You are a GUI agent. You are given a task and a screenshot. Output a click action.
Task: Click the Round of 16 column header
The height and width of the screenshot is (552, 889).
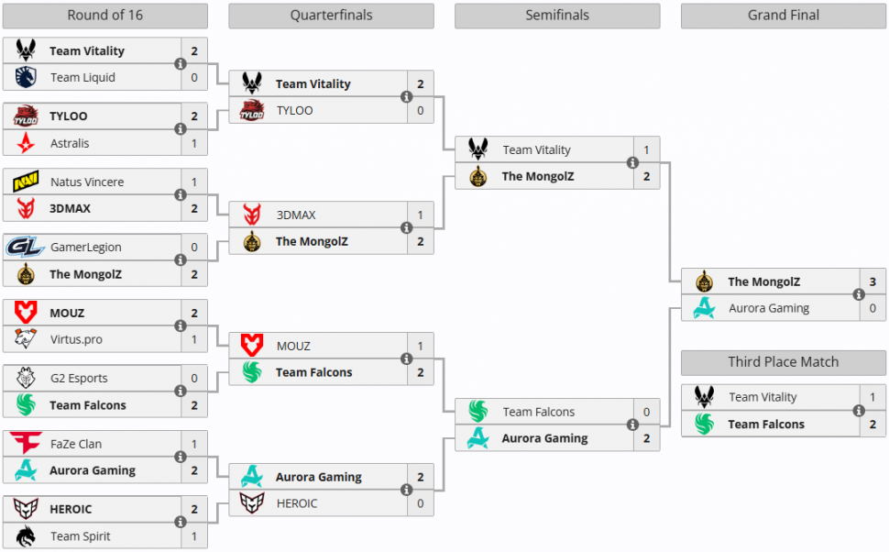[x=104, y=16]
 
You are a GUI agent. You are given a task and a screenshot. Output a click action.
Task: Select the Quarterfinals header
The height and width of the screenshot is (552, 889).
[x=331, y=16]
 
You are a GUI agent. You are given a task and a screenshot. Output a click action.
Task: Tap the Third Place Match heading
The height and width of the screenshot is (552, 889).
[x=784, y=362]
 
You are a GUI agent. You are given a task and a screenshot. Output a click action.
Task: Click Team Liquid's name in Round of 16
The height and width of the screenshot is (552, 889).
[x=82, y=78]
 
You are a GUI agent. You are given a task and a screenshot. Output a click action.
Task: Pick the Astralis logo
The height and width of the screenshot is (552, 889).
[x=26, y=143]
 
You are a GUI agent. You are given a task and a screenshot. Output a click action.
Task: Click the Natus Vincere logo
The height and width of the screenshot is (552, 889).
[x=26, y=182]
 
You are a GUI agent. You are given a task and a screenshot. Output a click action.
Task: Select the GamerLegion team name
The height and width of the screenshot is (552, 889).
[x=86, y=248]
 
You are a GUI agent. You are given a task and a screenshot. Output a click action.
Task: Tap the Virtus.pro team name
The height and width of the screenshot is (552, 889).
[x=76, y=340]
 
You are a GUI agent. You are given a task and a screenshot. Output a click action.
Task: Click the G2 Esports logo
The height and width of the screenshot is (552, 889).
[x=26, y=379]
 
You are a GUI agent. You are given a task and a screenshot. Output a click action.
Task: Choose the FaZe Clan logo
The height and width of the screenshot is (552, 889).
[x=26, y=444]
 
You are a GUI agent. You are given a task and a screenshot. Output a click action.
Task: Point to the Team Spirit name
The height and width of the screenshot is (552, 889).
[x=79, y=536]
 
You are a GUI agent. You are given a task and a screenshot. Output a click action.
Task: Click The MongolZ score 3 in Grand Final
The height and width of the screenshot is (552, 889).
[x=873, y=282]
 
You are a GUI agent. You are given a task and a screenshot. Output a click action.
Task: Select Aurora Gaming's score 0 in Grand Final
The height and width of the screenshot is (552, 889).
[x=873, y=308]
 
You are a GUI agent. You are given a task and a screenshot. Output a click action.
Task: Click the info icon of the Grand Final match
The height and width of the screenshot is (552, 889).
[x=859, y=295]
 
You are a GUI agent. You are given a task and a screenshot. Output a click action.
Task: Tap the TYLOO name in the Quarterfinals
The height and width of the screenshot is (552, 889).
[x=295, y=111]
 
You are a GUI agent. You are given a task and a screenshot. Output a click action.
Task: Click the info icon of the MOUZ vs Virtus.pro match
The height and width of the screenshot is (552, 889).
[x=180, y=326]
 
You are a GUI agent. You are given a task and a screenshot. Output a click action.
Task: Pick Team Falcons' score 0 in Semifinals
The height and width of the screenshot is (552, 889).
[x=646, y=412]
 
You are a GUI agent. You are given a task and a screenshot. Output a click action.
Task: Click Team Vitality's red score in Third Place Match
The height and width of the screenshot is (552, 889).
[x=873, y=397]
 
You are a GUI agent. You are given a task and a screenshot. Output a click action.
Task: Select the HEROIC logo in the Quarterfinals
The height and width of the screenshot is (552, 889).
[x=252, y=503]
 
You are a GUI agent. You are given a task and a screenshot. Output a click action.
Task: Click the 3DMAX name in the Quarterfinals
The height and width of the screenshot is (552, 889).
[x=296, y=215]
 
